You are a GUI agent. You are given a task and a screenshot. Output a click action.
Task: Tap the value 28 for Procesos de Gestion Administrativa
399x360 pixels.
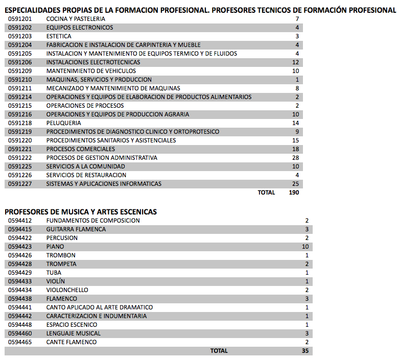click(295, 158)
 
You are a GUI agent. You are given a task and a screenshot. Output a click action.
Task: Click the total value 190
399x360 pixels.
click(294, 193)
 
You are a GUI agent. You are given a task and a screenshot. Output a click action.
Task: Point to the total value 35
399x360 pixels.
click(305, 351)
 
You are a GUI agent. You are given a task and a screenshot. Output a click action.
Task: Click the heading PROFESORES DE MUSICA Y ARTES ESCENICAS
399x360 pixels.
click(81, 211)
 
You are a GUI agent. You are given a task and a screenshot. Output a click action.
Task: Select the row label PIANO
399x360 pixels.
click(55, 247)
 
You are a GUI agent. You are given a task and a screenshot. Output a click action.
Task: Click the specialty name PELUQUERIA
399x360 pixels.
click(63, 123)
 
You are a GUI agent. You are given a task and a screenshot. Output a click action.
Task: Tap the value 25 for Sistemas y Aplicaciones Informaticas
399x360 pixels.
click(295, 184)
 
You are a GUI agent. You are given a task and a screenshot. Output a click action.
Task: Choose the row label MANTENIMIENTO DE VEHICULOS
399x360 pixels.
click(91, 71)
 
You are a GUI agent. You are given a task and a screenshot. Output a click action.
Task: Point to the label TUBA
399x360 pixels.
click(54, 273)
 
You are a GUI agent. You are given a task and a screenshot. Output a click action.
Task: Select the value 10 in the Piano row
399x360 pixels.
click(305, 247)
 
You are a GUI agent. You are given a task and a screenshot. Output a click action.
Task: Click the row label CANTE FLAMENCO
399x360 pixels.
click(71, 342)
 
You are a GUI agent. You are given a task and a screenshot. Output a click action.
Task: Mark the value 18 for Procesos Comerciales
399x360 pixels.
click(295, 149)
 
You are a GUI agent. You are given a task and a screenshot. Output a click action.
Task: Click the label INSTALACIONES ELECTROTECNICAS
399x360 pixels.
click(93, 62)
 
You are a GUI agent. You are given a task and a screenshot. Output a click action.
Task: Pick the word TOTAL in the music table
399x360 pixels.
click(219, 351)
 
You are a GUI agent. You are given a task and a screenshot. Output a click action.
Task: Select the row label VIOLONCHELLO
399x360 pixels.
click(67, 290)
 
